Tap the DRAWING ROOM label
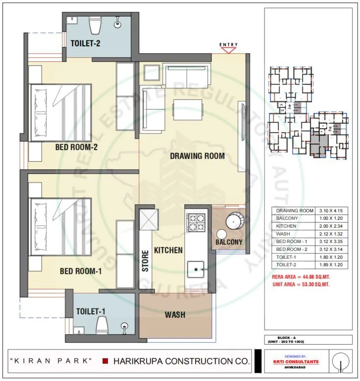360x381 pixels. pos(197,156)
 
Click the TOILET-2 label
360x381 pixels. pos(85,43)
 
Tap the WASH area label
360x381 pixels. pos(175,314)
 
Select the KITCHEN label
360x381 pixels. pos(168,250)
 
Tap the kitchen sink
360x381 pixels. pos(198,269)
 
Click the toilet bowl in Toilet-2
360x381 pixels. pos(94,24)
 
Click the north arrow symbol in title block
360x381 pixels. pos(339,363)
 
